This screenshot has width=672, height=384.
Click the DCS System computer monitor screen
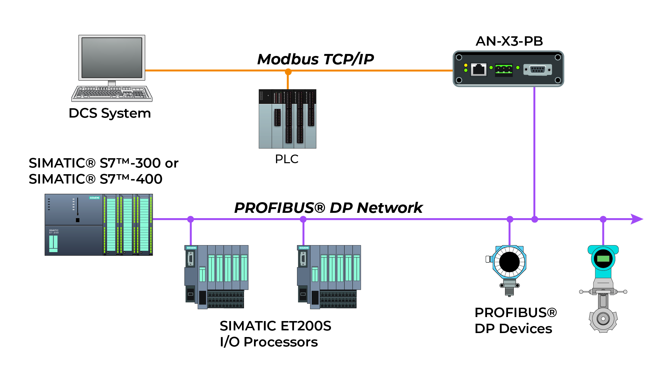click(x=112, y=57)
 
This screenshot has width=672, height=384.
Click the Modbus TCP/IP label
click(x=315, y=59)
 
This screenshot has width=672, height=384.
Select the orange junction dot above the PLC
click(x=288, y=72)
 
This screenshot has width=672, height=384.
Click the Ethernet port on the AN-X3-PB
click(x=479, y=70)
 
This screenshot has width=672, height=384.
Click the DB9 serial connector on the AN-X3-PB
click(x=537, y=70)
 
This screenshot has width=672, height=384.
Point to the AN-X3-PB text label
click(x=509, y=41)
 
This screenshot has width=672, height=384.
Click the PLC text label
click(x=286, y=159)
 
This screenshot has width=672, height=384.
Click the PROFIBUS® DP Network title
click(x=328, y=208)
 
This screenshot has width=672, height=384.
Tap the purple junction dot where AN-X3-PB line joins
click(x=535, y=219)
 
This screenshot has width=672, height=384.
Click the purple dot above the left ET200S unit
click(x=191, y=219)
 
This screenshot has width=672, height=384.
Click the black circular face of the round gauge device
click(x=509, y=262)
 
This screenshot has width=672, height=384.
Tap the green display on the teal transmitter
click(x=603, y=259)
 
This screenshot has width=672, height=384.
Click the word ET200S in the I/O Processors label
click(x=306, y=326)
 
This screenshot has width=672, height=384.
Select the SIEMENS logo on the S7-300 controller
click(x=94, y=198)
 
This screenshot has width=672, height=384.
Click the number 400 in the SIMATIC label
click(x=149, y=179)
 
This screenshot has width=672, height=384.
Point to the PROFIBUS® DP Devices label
click(x=515, y=320)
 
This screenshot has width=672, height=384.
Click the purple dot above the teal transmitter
click(x=603, y=219)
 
